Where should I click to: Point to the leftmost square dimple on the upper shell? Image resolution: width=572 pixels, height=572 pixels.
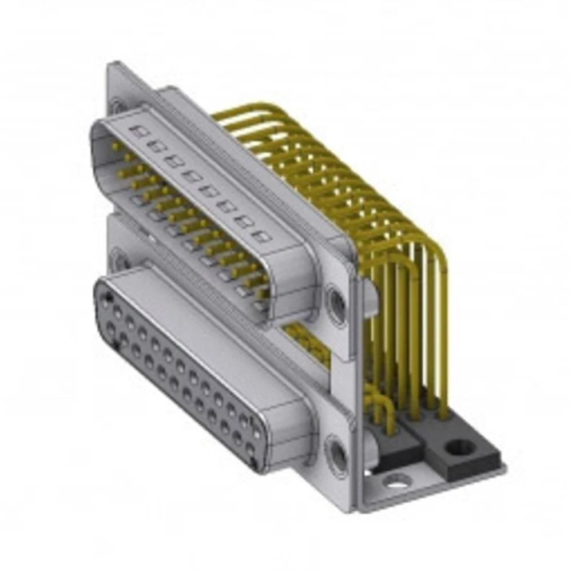[x=138, y=132]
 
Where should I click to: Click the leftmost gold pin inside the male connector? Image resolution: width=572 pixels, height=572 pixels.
[x=116, y=148]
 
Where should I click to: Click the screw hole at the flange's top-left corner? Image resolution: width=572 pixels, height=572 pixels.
[x=117, y=106]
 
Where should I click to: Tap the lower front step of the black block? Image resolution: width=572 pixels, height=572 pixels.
[x=395, y=452]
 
